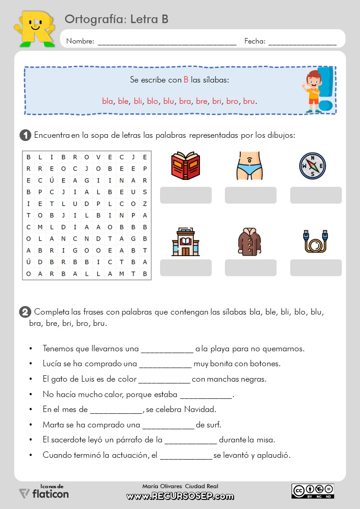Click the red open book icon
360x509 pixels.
(x=185, y=166)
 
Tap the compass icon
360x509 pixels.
(x=312, y=166)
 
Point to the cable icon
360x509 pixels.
(x=315, y=241)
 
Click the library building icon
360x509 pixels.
(x=185, y=241)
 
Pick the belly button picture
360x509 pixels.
(x=250, y=166)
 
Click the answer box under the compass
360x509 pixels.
(x=316, y=195)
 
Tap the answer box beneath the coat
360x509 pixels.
(x=251, y=267)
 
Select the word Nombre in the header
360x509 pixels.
(x=80, y=41)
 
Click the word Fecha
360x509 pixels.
(x=255, y=41)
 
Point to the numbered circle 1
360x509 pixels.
(x=25, y=135)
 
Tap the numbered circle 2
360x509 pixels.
(x=25, y=312)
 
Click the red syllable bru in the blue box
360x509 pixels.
(x=249, y=101)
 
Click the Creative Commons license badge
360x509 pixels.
(x=313, y=491)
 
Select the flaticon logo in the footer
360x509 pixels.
(x=44, y=493)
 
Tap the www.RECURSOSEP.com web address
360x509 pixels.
(x=180, y=496)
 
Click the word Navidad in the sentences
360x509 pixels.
(x=200, y=409)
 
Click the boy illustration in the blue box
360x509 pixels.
(x=312, y=91)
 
